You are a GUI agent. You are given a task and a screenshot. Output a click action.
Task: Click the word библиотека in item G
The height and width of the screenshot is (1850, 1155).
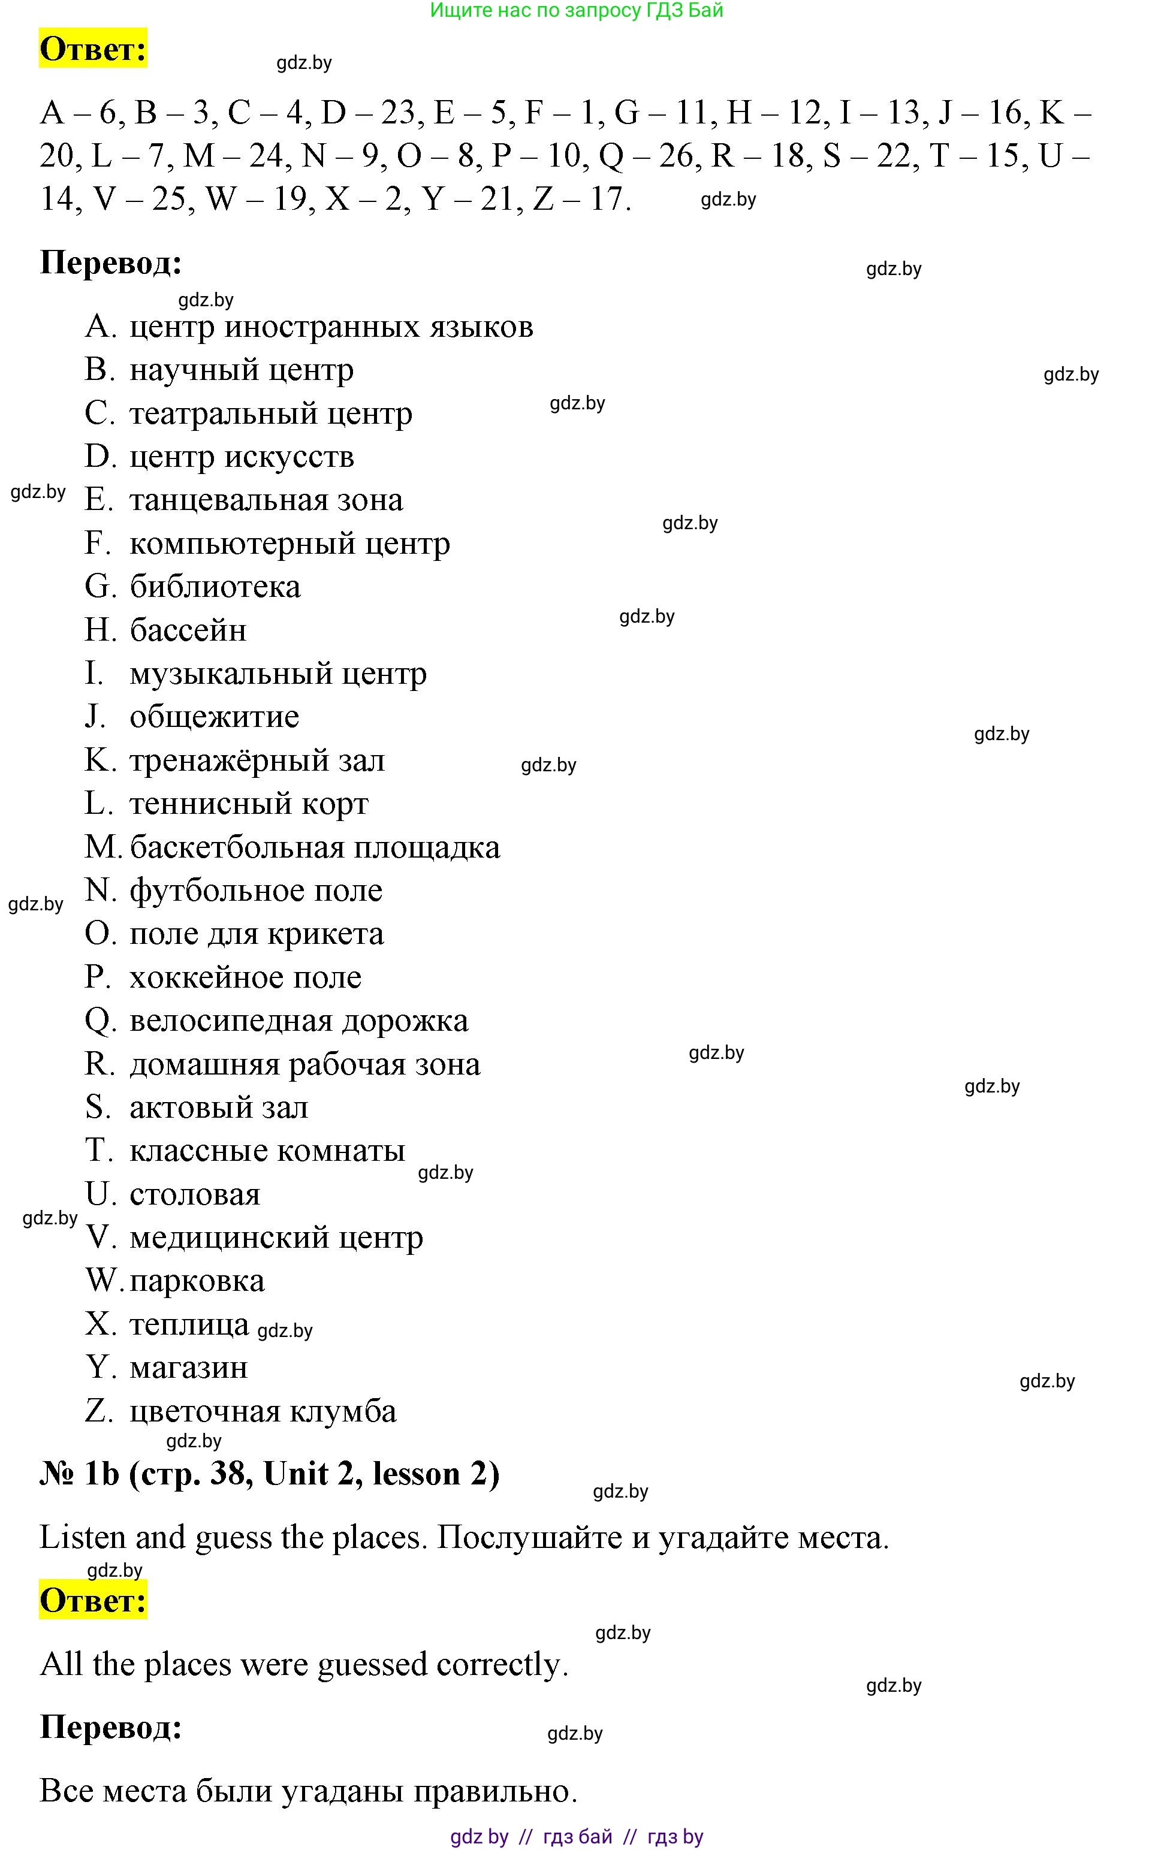[215, 587]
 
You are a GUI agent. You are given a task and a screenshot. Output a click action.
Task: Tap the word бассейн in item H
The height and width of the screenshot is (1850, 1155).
[188, 631]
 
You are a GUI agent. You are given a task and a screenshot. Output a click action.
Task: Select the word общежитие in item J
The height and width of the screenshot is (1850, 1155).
[214, 717]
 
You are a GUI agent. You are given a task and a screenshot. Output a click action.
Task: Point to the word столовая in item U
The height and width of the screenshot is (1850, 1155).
[195, 1194]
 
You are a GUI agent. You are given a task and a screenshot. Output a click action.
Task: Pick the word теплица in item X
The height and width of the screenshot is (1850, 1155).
[189, 1324]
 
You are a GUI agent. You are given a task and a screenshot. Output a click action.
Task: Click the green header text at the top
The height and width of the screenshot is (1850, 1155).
[576, 11]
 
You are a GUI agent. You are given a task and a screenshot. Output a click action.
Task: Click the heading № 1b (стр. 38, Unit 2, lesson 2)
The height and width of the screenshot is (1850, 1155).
[269, 1474]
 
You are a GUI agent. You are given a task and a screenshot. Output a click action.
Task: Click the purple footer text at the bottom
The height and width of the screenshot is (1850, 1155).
[576, 1836]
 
